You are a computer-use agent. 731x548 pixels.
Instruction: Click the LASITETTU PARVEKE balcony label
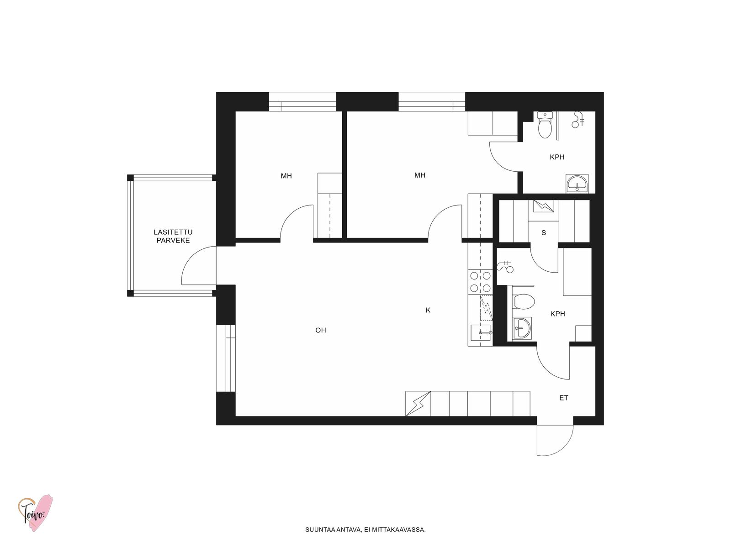point(173,236)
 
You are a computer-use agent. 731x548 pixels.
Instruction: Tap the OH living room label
point(320,330)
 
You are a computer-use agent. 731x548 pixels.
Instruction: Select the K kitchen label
point(428,310)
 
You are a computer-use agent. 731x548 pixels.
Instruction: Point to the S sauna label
point(544,233)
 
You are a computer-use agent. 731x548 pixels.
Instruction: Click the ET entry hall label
point(563,398)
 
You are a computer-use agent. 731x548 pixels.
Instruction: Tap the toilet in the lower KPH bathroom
point(524,301)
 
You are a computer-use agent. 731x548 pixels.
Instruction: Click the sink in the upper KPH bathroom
point(577,183)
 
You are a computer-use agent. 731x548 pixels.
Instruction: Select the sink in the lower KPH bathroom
point(522,328)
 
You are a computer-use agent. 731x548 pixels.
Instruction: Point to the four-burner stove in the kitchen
point(480,282)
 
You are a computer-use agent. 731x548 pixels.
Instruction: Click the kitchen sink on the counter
point(481,333)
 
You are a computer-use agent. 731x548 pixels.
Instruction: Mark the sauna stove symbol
point(544,206)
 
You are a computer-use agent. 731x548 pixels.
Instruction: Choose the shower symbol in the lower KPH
point(505,267)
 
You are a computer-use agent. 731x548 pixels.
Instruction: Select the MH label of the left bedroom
point(286,176)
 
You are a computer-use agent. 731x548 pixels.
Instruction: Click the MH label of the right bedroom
point(419,175)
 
